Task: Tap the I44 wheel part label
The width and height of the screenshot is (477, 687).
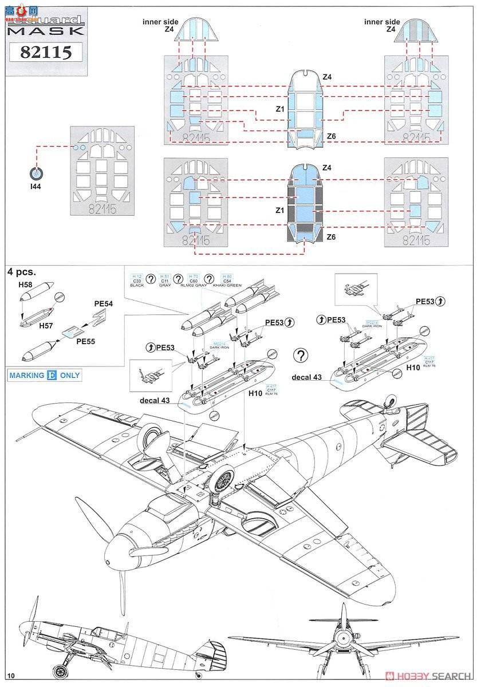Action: (x=37, y=186)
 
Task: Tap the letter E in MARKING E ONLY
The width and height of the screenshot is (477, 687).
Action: (x=52, y=376)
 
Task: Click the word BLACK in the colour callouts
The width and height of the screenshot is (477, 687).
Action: (x=137, y=285)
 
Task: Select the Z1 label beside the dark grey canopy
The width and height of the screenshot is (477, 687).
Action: (x=279, y=211)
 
